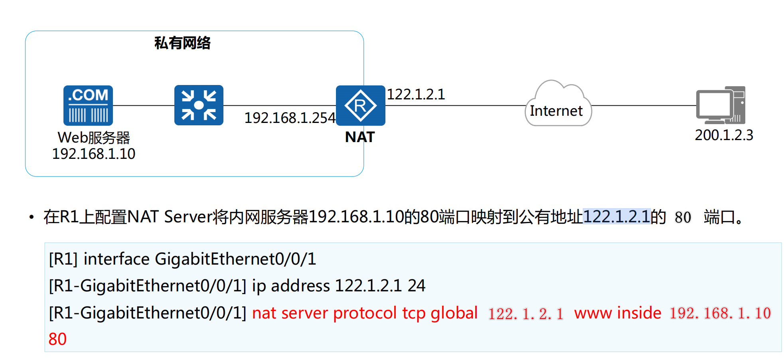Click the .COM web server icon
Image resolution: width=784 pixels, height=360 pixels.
pos(88,105)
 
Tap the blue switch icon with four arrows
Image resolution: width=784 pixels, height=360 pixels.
pos(199,105)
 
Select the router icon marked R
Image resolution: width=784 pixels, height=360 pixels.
pos(360,105)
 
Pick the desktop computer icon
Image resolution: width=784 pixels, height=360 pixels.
pos(721,105)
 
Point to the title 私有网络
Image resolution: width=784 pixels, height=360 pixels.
pos(182,43)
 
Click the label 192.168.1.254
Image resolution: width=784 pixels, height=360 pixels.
pos(290,118)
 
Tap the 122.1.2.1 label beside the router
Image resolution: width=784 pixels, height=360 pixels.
pos(416,94)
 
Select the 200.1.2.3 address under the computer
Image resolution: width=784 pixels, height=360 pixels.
pos(724,135)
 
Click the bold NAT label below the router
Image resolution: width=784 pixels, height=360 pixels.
pos(360,137)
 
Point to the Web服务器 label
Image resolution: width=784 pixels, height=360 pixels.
pos(94,138)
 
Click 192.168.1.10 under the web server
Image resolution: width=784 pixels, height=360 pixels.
pos(94,154)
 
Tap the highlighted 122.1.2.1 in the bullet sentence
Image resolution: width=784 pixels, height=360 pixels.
pos(616,217)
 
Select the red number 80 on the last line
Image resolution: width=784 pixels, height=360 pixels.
pos(57,339)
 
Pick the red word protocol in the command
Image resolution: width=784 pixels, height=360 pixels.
pos(365,313)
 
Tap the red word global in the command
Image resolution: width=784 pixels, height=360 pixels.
pos(454,313)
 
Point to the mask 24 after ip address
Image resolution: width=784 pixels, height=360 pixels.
pos(417,286)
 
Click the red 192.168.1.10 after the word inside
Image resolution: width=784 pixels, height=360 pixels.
pos(720,313)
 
